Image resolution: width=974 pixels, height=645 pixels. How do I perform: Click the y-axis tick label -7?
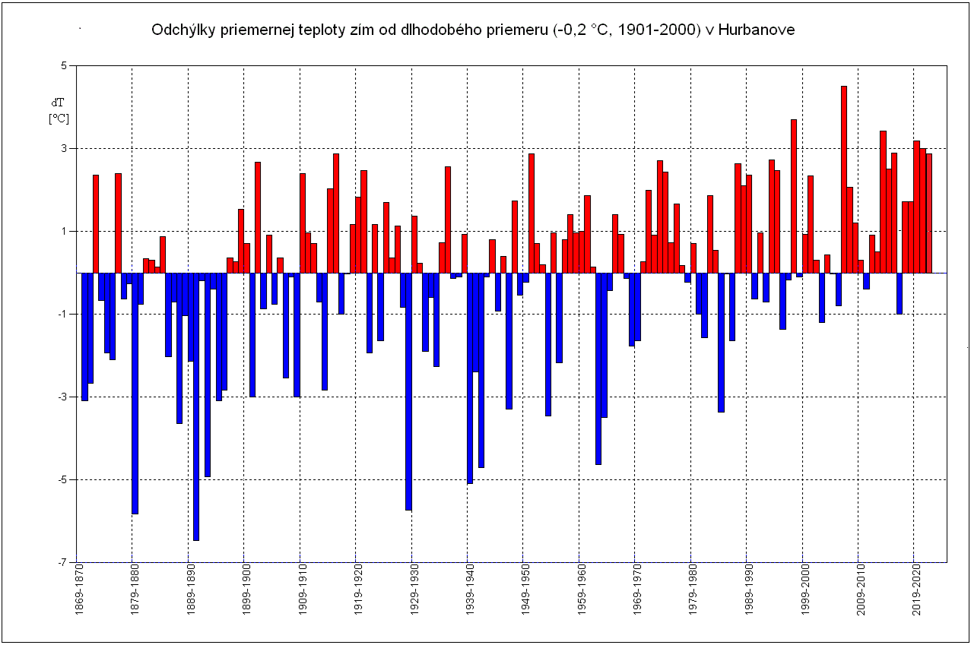(63, 562)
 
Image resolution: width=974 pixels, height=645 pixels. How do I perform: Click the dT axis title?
(59, 102)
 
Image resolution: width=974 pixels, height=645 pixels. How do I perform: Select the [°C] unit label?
(59, 119)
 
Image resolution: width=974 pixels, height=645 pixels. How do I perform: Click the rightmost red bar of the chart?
(928, 213)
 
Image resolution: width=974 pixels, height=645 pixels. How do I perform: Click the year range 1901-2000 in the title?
(665, 30)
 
